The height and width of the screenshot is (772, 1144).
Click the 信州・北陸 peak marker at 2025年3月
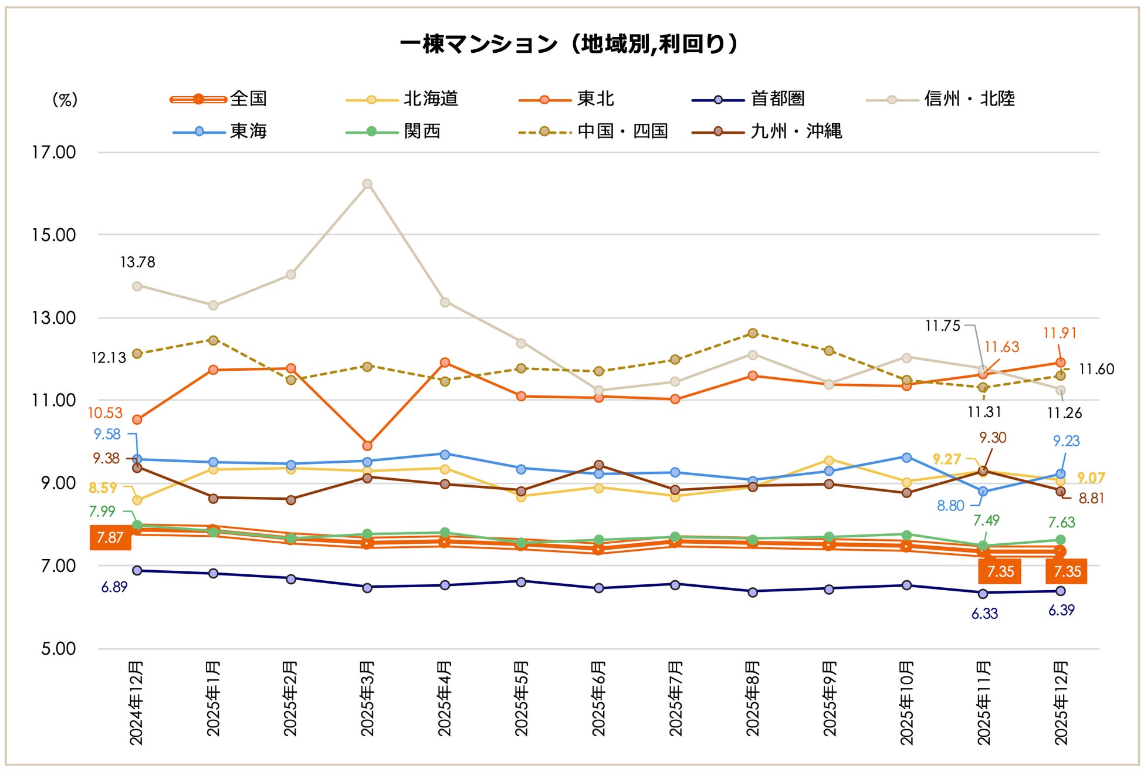(367, 184)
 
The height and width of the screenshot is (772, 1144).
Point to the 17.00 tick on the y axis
(54, 153)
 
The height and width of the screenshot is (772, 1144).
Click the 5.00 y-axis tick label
(58, 649)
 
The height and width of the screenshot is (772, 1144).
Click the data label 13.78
(138, 262)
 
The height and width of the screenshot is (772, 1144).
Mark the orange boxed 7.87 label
(110, 537)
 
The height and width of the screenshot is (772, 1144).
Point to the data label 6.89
(114, 587)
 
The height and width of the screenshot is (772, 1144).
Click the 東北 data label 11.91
(1060, 333)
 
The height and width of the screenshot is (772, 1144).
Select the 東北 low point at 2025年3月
(367, 446)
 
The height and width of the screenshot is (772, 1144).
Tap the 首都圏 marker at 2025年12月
(1061, 591)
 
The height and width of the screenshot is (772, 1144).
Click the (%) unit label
(65, 99)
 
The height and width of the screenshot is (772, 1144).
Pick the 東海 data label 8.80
(950, 506)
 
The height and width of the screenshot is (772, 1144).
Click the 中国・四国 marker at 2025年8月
(753, 333)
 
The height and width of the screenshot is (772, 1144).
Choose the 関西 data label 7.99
(102, 512)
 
